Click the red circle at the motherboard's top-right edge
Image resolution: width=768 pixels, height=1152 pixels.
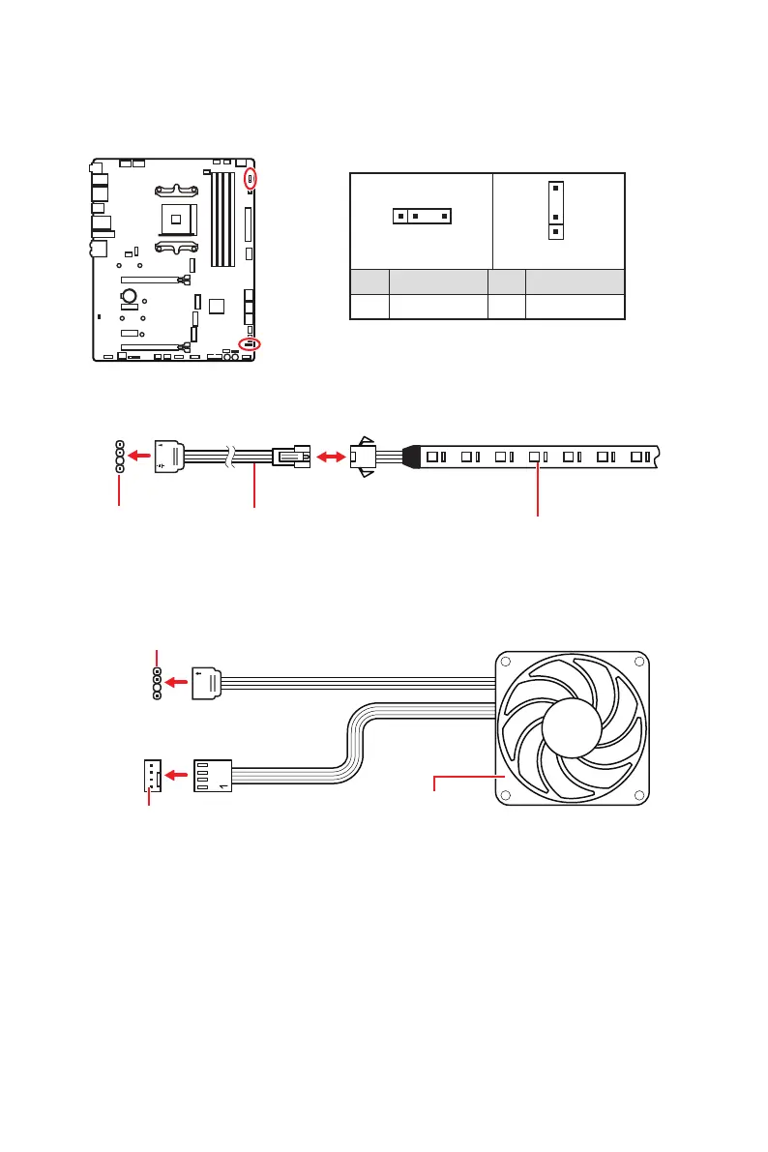pyautogui.click(x=251, y=178)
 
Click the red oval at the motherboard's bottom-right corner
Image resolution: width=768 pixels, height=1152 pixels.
pyautogui.click(x=250, y=343)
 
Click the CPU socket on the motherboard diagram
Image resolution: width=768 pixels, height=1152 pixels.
pyautogui.click(x=175, y=219)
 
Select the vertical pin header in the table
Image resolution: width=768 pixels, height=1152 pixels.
pyautogui.click(x=555, y=209)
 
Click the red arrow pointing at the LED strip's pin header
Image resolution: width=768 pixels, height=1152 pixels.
pyautogui.click(x=140, y=454)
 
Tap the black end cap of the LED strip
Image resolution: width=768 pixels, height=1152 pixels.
pyautogui.click(x=410, y=454)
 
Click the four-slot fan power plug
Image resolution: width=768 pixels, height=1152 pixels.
pyautogui.click(x=213, y=774)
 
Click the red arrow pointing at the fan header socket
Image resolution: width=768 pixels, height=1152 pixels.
pyautogui.click(x=177, y=774)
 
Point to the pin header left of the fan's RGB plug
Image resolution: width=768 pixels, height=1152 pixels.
pyautogui.click(x=157, y=682)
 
